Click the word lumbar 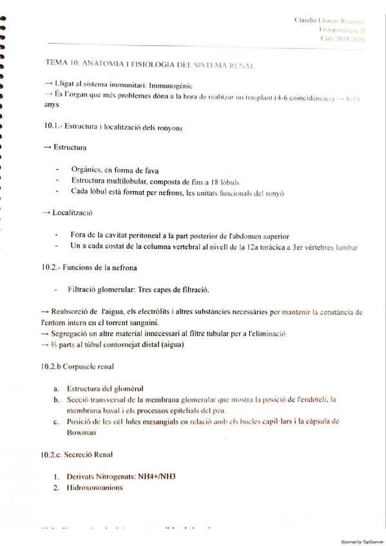(x=344, y=247)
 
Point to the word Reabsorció (x=70, y=311)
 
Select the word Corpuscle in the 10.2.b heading (x=82, y=367)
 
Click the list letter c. (x=57, y=422)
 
